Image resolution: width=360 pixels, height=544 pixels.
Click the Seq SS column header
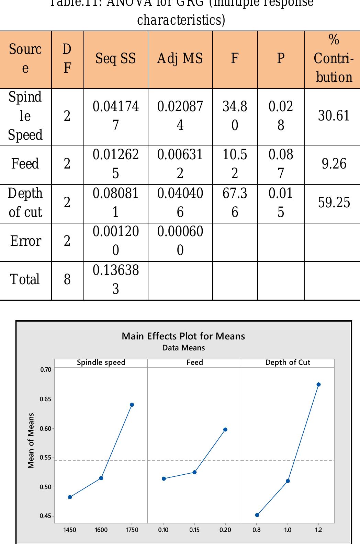point(115,59)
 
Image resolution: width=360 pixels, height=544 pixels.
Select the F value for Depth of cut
point(235,203)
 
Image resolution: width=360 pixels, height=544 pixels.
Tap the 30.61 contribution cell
point(334,116)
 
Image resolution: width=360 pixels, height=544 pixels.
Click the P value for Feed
point(281,164)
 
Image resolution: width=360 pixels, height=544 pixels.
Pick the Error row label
point(25,241)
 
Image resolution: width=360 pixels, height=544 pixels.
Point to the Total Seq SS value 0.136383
point(115,280)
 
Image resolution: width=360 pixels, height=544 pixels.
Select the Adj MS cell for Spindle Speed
point(180,116)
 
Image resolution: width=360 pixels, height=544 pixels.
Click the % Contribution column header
point(334,59)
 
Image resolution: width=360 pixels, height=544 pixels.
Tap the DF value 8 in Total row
point(67,280)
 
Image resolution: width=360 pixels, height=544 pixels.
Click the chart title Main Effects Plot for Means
point(183,336)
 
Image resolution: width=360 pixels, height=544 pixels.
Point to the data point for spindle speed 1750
point(132,405)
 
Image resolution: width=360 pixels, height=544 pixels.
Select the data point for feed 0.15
point(194,473)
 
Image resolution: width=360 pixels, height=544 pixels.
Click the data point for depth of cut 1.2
point(318,385)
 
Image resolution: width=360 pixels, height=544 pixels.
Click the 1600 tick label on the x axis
point(101,530)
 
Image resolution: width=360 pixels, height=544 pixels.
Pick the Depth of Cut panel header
point(288,363)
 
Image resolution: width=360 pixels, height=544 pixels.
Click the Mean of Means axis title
point(31,441)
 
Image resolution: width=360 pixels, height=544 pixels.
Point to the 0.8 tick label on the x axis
point(257,530)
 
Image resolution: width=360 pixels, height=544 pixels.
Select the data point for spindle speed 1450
point(70,497)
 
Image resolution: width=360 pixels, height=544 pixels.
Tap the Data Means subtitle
point(183,348)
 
